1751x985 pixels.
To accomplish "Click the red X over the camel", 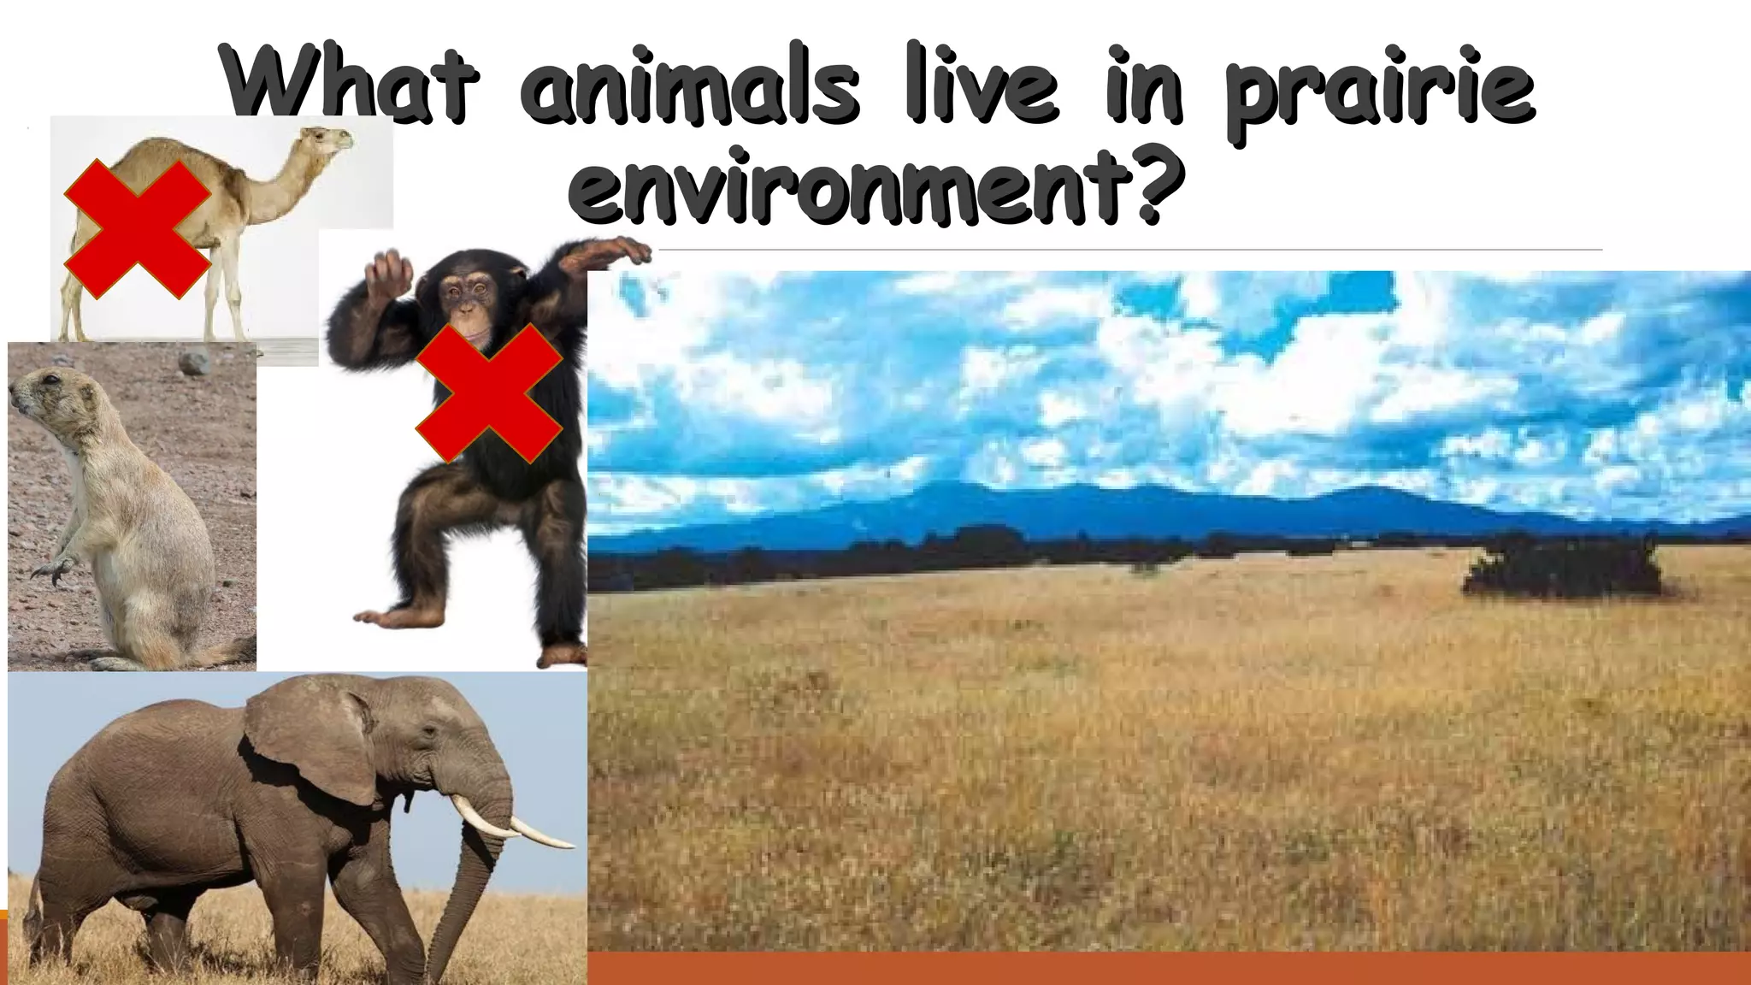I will pyautogui.click(x=138, y=228).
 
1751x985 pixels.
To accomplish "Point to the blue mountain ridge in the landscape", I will pyautogui.click(x=1111, y=509).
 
